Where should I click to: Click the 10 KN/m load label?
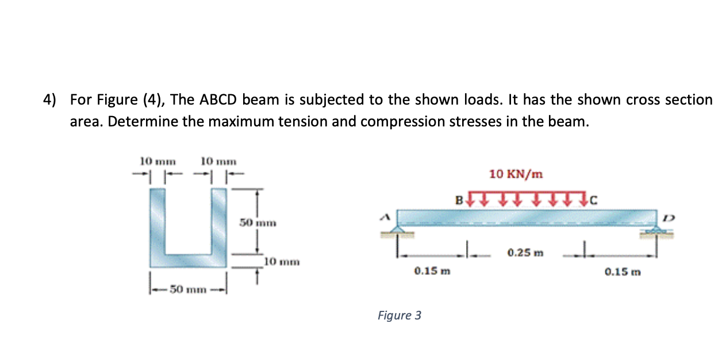pos(516,174)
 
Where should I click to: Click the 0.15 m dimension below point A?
pos(431,271)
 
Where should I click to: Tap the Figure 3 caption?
pos(400,315)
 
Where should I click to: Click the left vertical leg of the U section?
pos(158,221)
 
